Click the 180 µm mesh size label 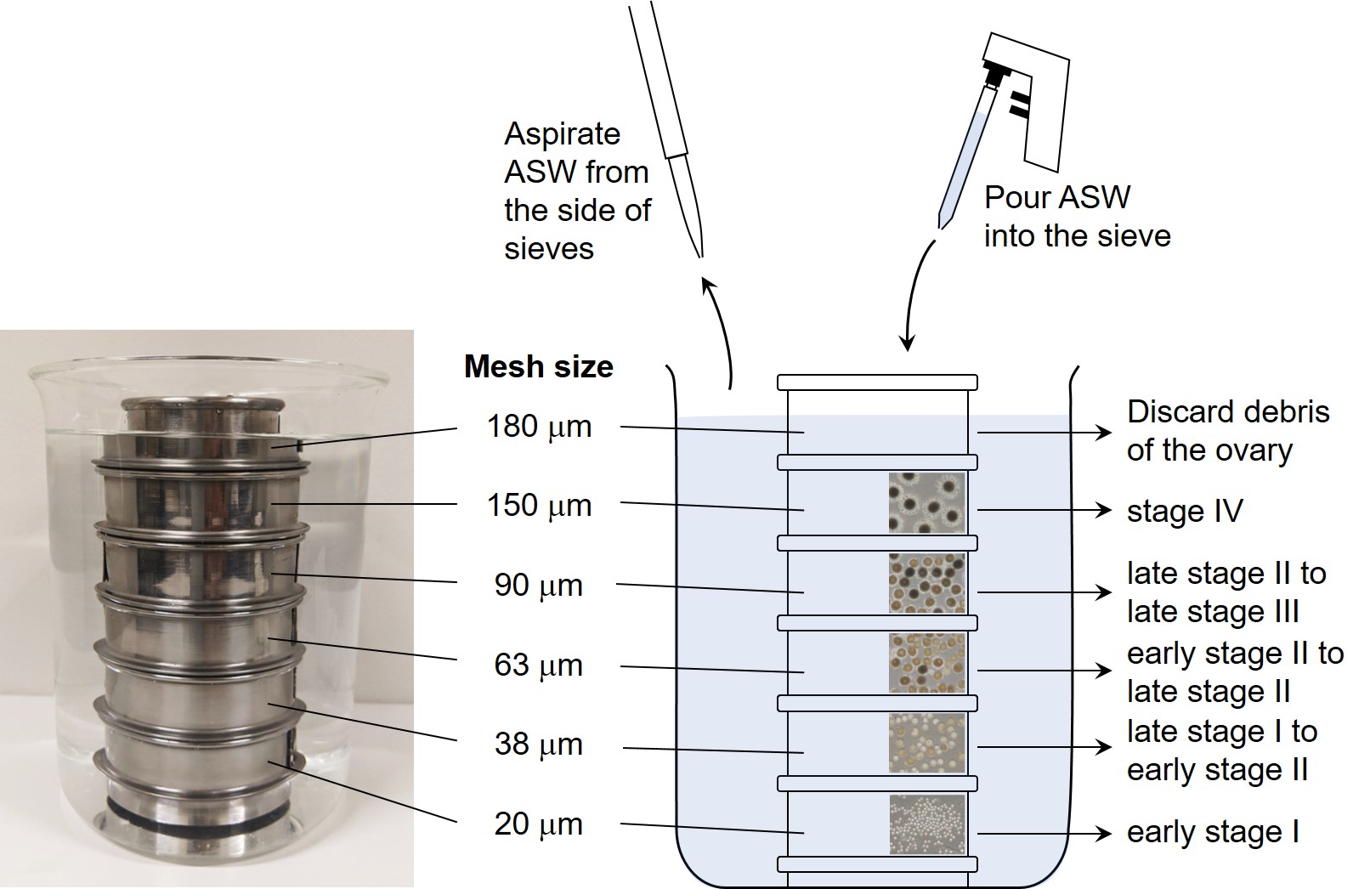tap(539, 427)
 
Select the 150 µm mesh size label tap(539, 506)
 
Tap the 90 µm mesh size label tap(538, 586)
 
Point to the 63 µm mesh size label tap(538, 665)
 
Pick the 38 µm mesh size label tap(538, 745)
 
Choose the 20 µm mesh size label tap(538, 824)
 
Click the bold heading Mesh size tap(538, 367)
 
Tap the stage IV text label tap(1185, 512)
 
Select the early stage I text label tap(1213, 833)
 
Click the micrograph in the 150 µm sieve tap(927, 502)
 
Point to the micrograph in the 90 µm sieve tap(927, 583)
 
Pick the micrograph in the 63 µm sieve tap(927, 663)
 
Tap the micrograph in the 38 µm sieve tap(927, 744)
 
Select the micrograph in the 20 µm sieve tap(927, 824)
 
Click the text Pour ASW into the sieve tap(1077, 217)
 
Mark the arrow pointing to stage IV tap(1044, 510)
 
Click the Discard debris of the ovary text tap(1228, 432)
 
